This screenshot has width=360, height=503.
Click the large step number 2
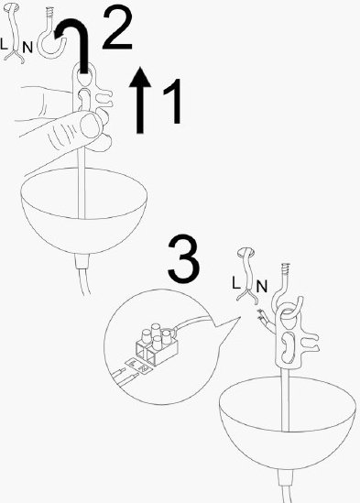click(117, 28)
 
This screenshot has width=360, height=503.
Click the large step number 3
click(183, 258)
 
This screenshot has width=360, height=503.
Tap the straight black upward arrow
click(140, 100)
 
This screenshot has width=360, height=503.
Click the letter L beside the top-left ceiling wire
click(4, 44)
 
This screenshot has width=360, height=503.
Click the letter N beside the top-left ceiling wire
click(27, 48)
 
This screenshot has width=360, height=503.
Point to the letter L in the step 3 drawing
click(235, 282)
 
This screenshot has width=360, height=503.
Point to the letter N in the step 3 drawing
click(262, 286)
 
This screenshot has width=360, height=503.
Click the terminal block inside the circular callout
click(158, 344)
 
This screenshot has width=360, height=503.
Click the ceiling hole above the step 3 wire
click(245, 253)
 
